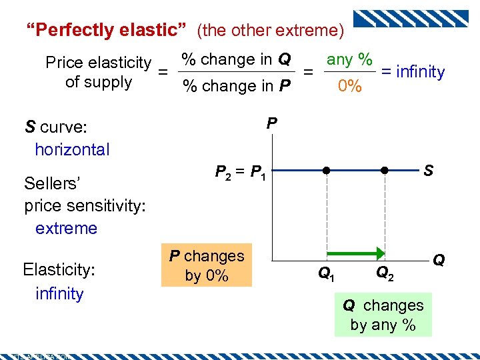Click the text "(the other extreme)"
[x=271, y=30]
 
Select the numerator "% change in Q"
[x=237, y=59]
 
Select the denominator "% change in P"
[x=237, y=86]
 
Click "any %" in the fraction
[x=349, y=59]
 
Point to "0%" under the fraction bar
[x=349, y=86]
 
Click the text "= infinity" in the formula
[x=413, y=72]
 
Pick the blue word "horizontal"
[x=72, y=149]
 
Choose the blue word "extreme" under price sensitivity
[x=66, y=228]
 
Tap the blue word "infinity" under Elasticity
[x=59, y=293]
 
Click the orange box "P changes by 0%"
[x=207, y=265]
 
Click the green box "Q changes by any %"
[x=383, y=315]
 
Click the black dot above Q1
[x=327, y=171]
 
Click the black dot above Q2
[x=385, y=171]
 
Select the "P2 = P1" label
[x=241, y=173]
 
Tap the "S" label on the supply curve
[x=428, y=171]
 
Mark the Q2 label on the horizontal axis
[x=385, y=273]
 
